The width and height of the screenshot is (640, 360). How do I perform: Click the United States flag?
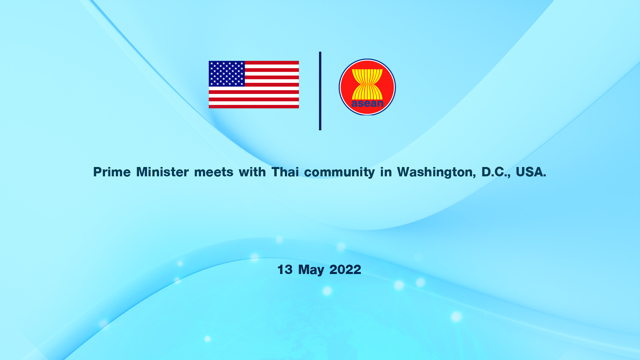[254, 85]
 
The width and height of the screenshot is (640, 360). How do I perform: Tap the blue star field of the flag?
[227, 74]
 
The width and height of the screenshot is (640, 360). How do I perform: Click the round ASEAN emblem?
[367, 87]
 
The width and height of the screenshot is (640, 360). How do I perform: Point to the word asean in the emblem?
[367, 103]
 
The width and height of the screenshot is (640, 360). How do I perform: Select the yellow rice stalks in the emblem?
[367, 84]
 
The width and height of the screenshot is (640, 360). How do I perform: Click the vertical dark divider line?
[320, 91]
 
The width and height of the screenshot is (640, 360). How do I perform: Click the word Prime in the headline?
[112, 172]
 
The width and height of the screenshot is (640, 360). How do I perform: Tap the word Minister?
[163, 172]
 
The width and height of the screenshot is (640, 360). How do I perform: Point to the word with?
[252, 172]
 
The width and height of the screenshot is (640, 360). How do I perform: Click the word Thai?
[285, 172]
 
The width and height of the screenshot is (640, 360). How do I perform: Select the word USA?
[531, 172]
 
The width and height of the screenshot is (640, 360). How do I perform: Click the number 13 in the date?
[285, 270]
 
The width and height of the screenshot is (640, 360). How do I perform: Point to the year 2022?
[345, 270]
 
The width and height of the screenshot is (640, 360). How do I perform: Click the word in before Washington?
[386, 172]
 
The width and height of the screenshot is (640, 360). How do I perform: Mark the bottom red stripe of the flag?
[254, 107]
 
